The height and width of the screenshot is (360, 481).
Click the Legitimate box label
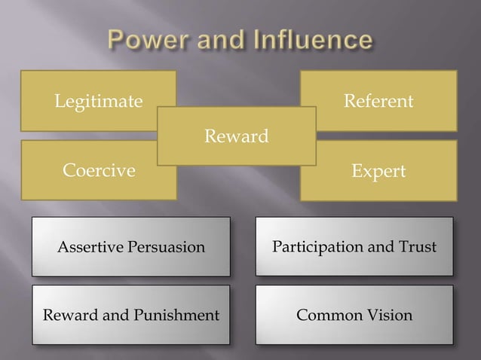(98, 101)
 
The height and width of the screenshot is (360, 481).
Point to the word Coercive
(99, 171)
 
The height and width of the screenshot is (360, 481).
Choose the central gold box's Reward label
(237, 136)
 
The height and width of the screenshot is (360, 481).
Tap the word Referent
(378, 101)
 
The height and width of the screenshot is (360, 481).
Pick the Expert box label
(378, 172)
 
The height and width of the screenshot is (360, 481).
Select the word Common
(325, 315)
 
